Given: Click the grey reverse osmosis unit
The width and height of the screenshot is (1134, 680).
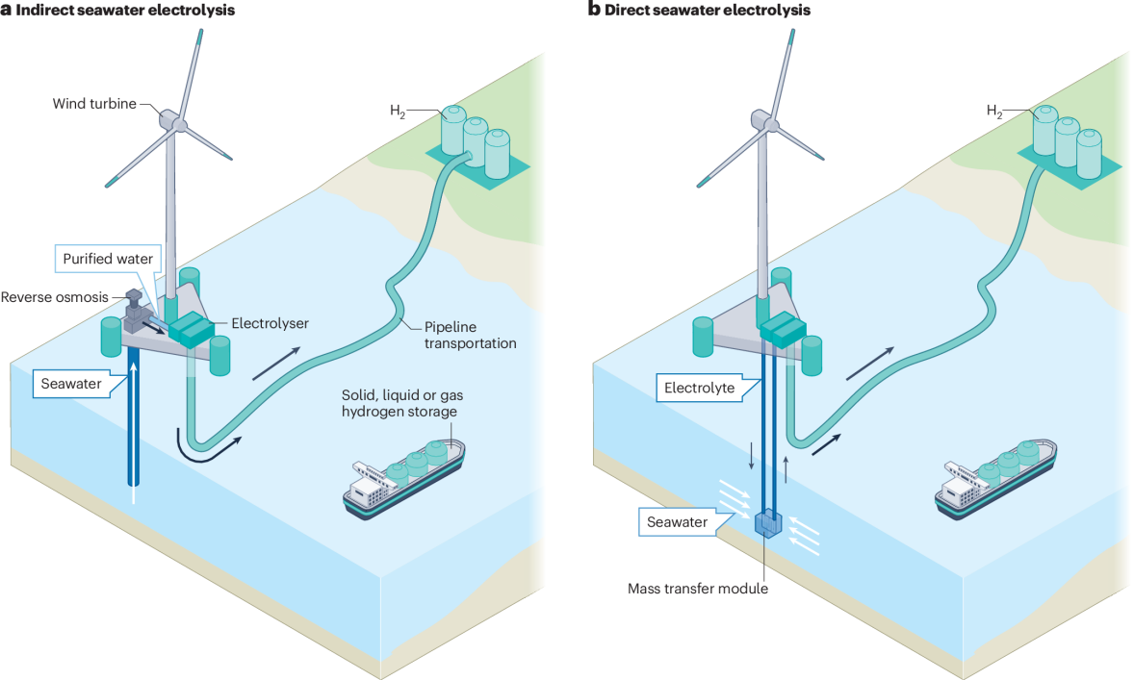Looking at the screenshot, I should pyautogui.click(x=137, y=309).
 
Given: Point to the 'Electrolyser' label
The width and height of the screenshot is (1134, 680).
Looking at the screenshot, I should pyautogui.click(x=270, y=324).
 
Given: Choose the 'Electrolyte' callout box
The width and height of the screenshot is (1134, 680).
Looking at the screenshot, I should pyautogui.click(x=698, y=390).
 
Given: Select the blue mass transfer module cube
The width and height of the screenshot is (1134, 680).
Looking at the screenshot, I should pyautogui.click(x=768, y=523).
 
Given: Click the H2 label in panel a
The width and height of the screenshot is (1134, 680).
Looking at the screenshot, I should pyautogui.click(x=398, y=113).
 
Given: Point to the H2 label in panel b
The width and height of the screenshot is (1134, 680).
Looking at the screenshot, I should pyautogui.click(x=993, y=111).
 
